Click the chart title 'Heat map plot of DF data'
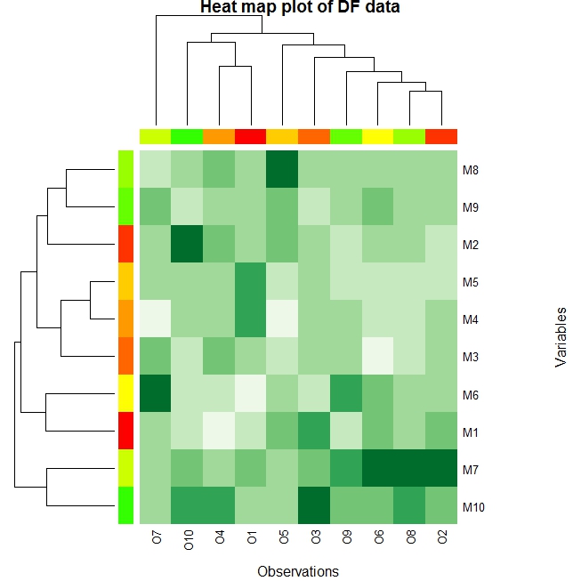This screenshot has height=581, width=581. pyautogui.click(x=300, y=8)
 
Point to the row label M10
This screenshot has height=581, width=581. pyautogui.click(x=473, y=507)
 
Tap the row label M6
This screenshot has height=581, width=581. pyautogui.click(x=471, y=394)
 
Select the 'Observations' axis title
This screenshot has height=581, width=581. pyautogui.click(x=297, y=571)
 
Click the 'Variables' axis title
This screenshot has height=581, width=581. pyautogui.click(x=561, y=337)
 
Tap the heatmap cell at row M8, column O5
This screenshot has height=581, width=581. pyautogui.click(x=283, y=169)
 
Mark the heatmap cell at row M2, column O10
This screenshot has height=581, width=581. pyautogui.click(x=188, y=244)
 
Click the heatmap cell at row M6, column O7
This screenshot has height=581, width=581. pyautogui.click(x=156, y=394)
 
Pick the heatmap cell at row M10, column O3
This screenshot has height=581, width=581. pyautogui.click(x=314, y=507)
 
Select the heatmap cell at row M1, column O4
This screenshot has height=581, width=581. pyautogui.click(x=220, y=432)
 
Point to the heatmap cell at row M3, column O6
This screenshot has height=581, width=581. pyautogui.click(x=378, y=357)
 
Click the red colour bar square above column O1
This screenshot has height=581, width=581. pyautogui.click(x=251, y=136)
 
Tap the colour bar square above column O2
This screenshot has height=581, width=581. pyautogui.click(x=441, y=136)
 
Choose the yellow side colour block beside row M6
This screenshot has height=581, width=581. pyautogui.click(x=125, y=394)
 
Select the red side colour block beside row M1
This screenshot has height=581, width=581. pyautogui.click(x=125, y=432)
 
